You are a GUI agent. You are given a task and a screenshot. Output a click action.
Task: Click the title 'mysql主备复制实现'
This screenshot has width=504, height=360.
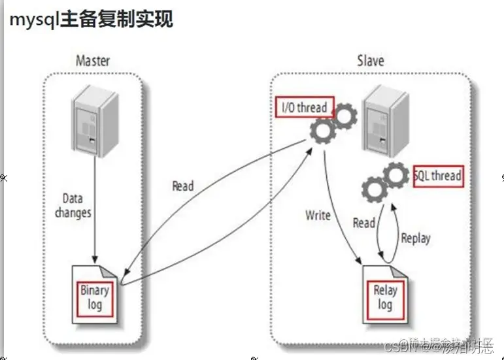point(91,20)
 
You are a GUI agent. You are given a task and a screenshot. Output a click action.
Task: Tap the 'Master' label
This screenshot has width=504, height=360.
point(93,61)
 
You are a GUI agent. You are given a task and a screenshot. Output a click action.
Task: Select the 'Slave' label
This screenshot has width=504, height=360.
point(370,61)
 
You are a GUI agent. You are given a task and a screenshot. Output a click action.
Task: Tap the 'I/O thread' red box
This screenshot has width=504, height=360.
point(303,108)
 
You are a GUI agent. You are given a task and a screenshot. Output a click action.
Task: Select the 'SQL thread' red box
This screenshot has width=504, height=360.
point(438,176)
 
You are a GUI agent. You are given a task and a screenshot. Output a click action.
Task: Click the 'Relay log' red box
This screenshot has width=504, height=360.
point(385,297)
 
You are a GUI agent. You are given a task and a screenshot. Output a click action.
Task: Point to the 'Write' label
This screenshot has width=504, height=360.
point(318,215)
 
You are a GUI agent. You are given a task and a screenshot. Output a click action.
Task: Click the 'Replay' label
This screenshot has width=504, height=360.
point(415,238)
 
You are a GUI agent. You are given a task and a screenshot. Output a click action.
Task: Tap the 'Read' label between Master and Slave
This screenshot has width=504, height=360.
point(183,186)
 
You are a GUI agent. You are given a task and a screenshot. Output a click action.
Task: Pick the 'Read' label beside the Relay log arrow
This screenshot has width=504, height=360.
point(364,223)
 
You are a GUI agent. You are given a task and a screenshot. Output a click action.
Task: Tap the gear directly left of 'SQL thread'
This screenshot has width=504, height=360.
point(396,176)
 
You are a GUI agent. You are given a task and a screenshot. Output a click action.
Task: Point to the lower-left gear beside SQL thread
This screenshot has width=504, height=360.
point(375,189)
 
